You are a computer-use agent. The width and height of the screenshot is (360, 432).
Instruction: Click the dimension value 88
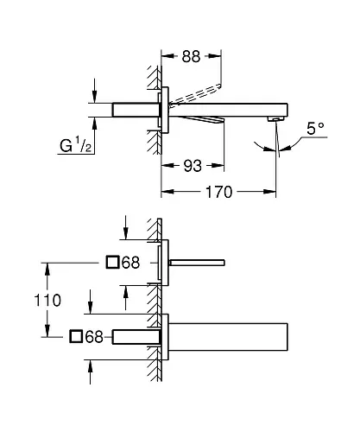(x=191, y=56)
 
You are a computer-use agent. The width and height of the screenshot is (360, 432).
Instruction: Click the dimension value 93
(x=193, y=166)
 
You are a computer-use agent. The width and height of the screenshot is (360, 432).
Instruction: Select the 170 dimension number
(x=218, y=192)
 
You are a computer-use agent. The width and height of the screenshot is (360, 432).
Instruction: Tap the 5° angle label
(x=315, y=129)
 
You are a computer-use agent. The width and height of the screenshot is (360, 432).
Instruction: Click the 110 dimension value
(x=47, y=300)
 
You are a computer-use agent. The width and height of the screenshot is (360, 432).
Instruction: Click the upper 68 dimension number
(x=130, y=263)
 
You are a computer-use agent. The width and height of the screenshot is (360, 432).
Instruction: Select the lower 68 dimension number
(x=94, y=336)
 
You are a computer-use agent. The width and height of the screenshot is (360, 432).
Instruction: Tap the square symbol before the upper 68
(x=112, y=262)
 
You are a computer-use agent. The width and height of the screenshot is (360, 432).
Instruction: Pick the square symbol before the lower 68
(x=76, y=336)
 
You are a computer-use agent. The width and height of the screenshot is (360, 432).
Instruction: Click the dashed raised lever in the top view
(x=195, y=94)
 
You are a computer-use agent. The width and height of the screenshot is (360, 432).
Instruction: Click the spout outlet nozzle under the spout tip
(x=275, y=118)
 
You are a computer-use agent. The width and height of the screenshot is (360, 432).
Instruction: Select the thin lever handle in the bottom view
(x=197, y=263)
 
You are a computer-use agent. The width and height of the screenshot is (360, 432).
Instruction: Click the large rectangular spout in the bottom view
(x=228, y=337)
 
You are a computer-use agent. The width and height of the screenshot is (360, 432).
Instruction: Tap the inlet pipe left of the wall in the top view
(x=136, y=110)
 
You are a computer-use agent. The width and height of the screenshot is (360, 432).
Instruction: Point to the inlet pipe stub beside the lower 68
(x=136, y=337)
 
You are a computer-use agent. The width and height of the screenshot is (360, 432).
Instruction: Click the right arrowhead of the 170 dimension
(x=269, y=192)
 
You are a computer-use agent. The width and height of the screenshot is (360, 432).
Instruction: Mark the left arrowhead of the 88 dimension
(x=167, y=56)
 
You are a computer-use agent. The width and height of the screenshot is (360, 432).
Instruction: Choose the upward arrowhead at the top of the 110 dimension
(x=47, y=270)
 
